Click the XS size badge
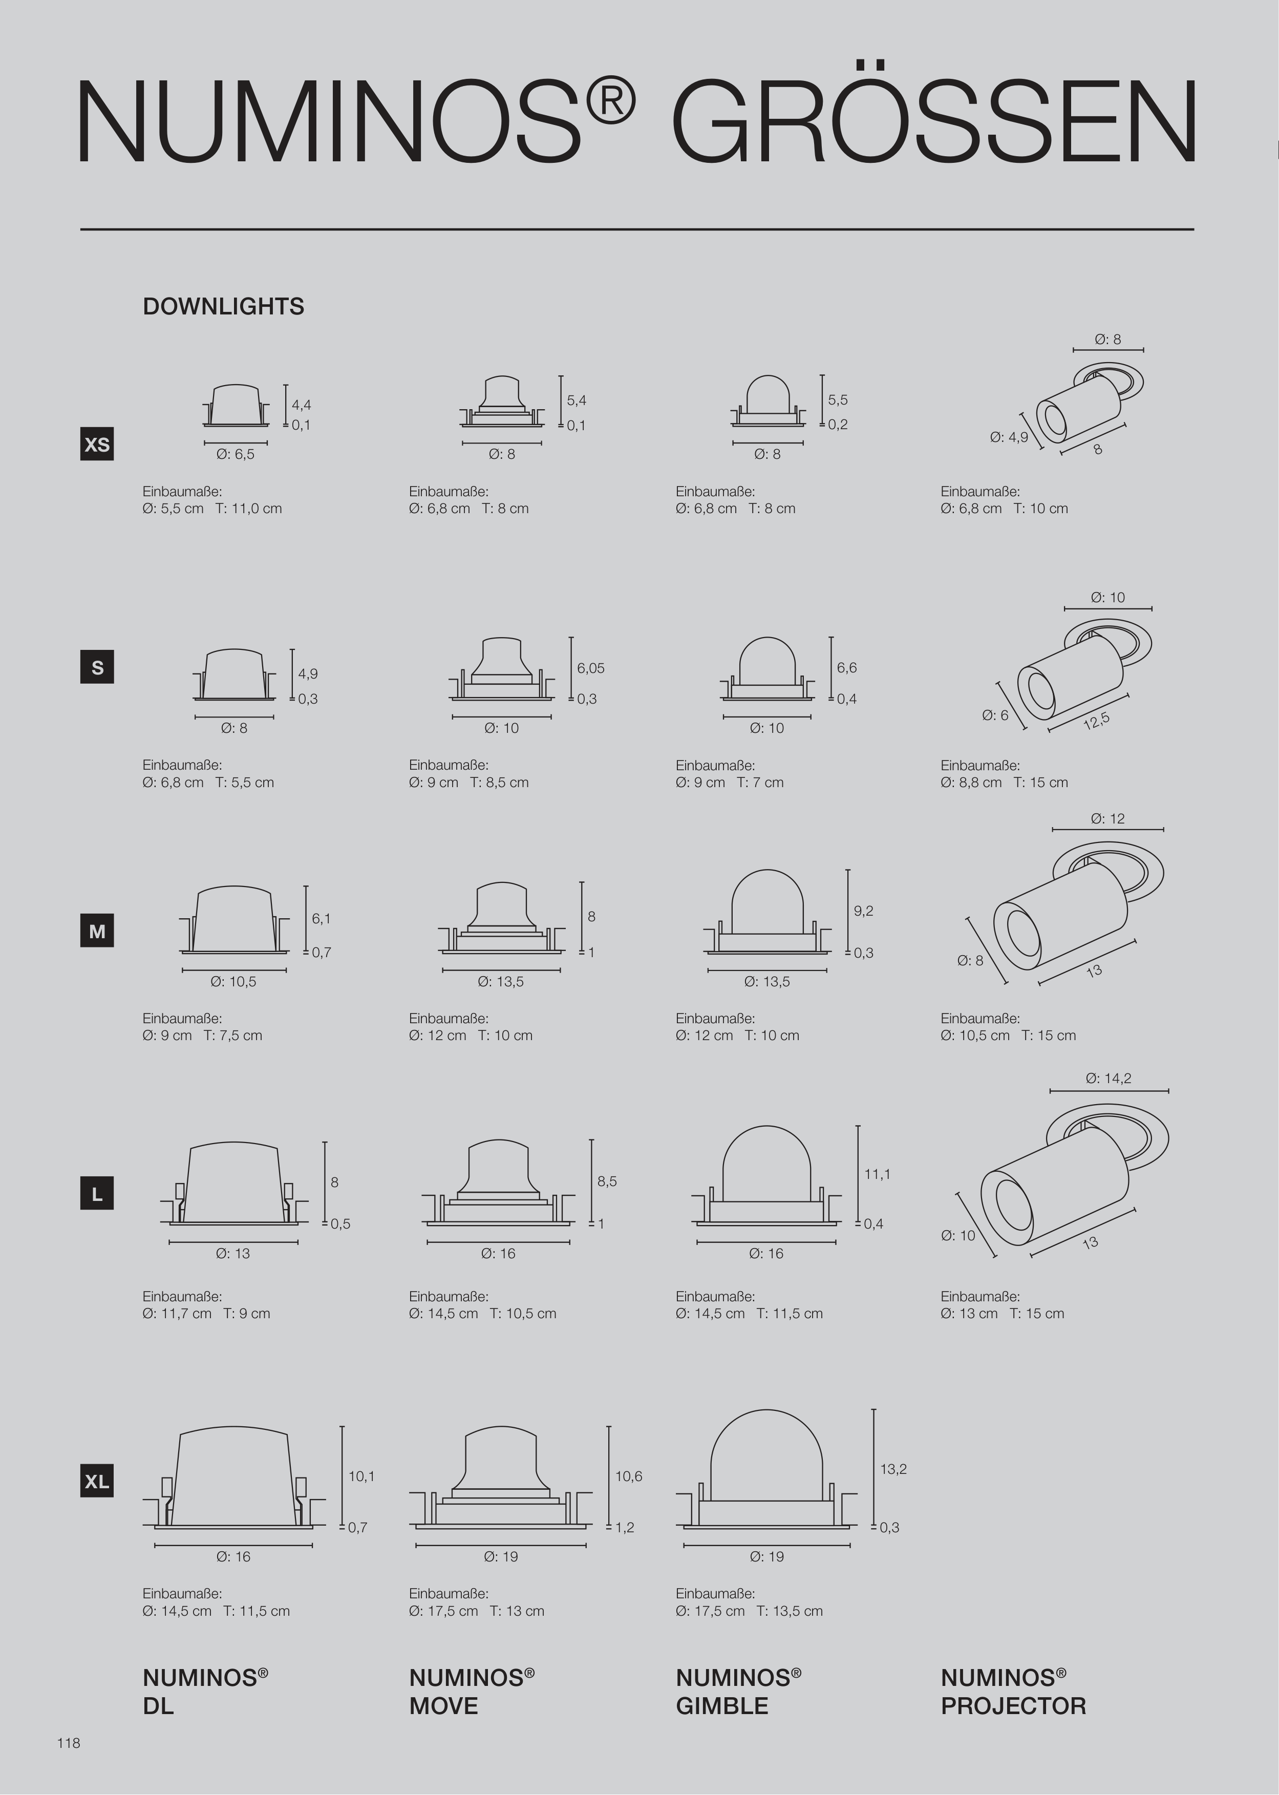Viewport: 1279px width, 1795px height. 97,444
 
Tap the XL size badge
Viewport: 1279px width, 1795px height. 97,1482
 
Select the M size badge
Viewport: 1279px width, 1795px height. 97,931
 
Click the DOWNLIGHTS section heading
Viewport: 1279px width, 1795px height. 223,306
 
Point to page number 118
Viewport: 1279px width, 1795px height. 69,1743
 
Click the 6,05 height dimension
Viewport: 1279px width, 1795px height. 591,668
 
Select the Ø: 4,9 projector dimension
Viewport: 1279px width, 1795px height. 1009,437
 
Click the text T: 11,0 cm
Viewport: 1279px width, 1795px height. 248,509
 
